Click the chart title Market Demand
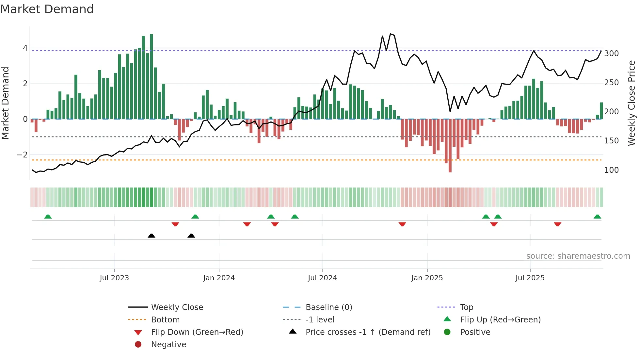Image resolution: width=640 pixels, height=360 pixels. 47,9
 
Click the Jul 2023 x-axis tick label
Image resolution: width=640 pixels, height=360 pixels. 114,278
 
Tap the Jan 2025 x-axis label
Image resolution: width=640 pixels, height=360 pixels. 427,278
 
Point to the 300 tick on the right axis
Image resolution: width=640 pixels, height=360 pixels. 611,54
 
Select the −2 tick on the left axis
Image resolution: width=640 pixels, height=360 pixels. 23,155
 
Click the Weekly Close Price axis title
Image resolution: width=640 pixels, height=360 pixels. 632,103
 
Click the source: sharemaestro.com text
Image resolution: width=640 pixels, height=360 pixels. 578,256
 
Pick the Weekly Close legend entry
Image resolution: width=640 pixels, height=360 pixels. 177,307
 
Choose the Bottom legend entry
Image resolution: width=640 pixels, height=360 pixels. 165,320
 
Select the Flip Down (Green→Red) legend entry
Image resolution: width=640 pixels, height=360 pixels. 197,332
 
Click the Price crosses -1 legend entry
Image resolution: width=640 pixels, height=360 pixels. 368,332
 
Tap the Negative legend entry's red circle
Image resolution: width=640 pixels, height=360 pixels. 138,345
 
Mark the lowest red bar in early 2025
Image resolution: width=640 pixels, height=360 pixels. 450,145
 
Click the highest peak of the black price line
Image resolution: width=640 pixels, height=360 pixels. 391,34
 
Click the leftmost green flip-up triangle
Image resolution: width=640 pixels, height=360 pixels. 48,217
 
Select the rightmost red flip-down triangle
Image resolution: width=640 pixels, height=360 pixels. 557,224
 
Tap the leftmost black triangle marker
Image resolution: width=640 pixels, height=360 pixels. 151,236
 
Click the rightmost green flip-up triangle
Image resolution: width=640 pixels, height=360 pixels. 597,217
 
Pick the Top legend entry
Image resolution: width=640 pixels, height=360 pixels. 466,307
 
